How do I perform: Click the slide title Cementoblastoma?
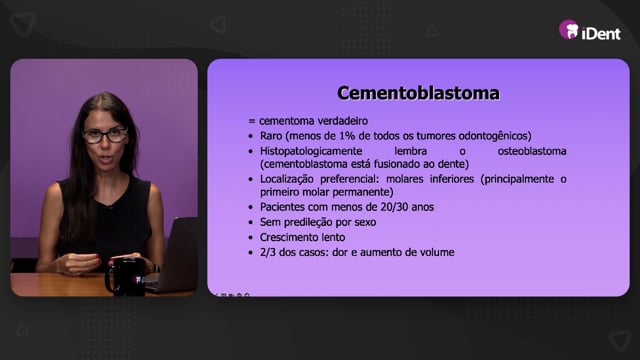point(418,93)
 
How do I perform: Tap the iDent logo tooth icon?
point(569,30)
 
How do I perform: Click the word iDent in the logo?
point(601,33)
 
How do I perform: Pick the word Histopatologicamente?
point(311,151)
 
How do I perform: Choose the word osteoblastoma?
point(532,151)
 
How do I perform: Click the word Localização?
point(287,179)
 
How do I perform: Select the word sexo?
point(365,222)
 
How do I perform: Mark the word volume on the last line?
point(438,252)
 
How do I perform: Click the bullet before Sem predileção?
point(251,223)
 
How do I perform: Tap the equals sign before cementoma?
point(251,121)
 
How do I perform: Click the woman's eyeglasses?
point(106,136)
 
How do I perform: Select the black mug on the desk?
point(125,276)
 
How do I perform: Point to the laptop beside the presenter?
point(172,255)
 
